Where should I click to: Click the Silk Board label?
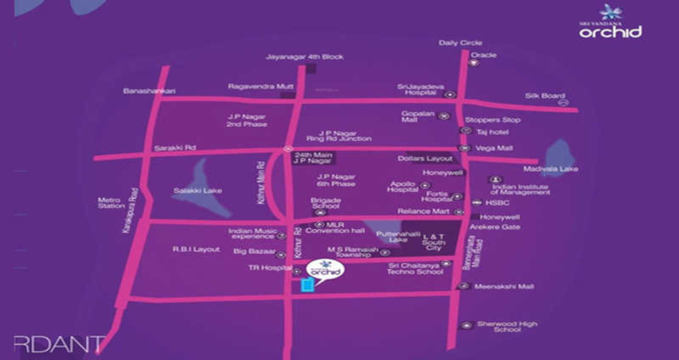(545, 96)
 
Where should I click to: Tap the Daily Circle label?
(460, 43)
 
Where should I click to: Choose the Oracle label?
(483, 55)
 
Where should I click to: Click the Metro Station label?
(111, 202)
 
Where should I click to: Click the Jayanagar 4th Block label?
(295, 56)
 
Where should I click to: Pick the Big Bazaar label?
(253, 253)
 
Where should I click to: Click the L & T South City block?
(434, 242)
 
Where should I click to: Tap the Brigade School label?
(325, 204)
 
